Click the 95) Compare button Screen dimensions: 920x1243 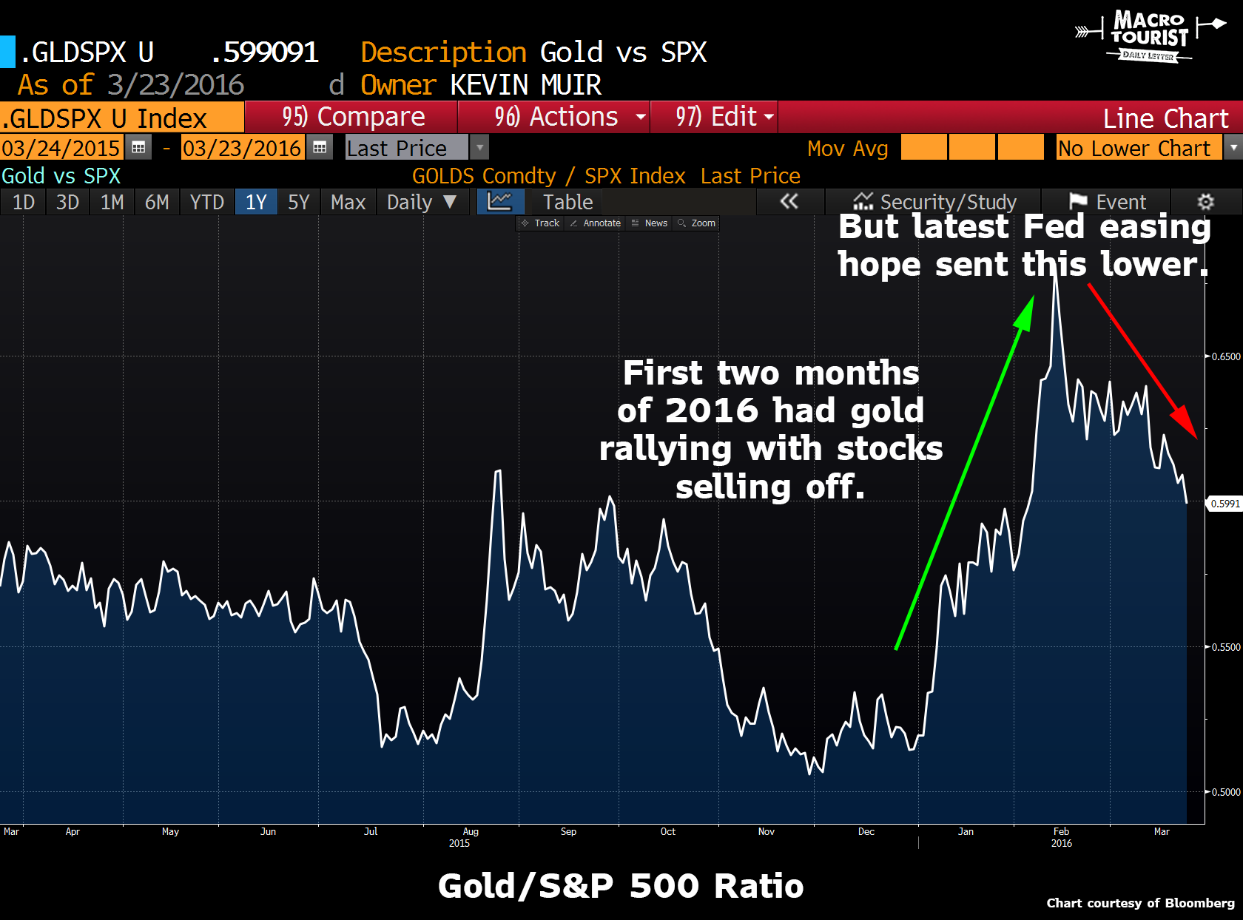pos(352,117)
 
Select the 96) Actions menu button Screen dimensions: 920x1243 pos(555,117)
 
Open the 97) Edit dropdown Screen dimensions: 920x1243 pos(715,117)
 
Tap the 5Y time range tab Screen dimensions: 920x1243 pos(298,202)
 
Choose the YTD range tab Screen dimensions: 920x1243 pos(206,202)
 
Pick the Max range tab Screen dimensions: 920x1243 pos(348,202)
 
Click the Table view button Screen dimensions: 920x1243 pos(567,202)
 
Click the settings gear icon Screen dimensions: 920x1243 pos(1205,202)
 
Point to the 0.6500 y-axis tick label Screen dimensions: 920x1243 pos(1225,356)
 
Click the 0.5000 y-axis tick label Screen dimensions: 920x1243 pos(1225,792)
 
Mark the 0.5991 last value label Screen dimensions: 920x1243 pos(1225,504)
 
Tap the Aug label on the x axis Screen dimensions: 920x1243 pos(471,832)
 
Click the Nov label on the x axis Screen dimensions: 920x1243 pos(767,832)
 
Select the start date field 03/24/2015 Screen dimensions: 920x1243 pos(61,148)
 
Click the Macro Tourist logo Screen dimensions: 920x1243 pos(1148,35)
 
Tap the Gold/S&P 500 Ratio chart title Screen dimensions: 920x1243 pos(620,886)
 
